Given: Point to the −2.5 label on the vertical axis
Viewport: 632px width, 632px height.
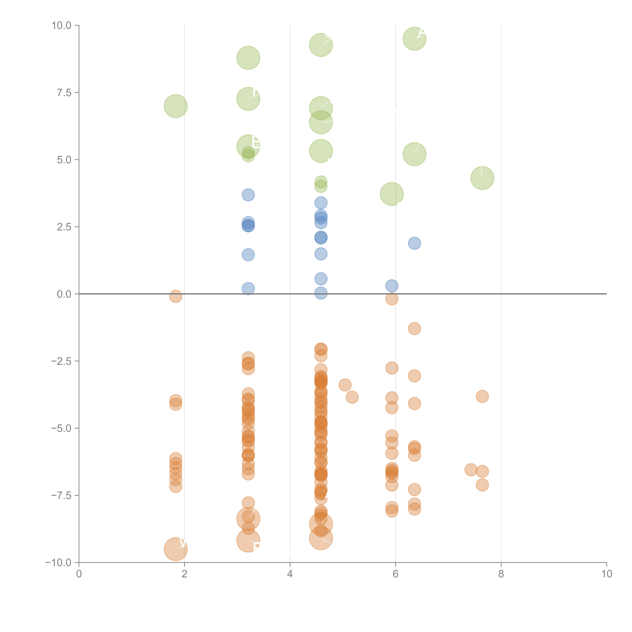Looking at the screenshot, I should coord(61,361).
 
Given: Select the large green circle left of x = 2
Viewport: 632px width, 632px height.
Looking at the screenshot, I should coord(176,106).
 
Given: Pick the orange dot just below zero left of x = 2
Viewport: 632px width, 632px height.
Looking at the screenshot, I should coord(176,296).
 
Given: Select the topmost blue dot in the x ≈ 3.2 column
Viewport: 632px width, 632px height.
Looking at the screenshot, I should coord(248,195).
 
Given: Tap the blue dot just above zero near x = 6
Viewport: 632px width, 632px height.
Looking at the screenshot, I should coord(392,286).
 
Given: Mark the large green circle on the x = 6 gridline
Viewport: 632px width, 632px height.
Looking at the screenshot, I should coord(392,194).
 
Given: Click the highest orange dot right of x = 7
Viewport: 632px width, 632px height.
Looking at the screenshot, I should coord(482,397).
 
